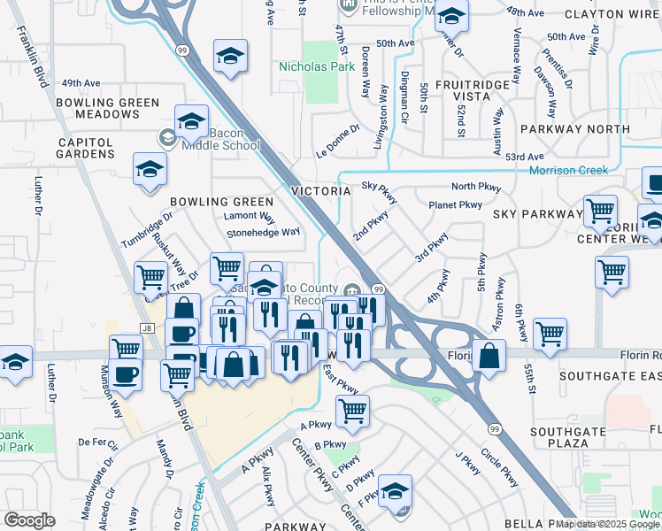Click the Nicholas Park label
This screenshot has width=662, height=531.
pos(310,66)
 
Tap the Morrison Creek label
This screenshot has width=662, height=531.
pos(568,170)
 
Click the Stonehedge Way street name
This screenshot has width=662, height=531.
pos(264,233)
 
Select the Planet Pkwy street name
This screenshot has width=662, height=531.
pos(455,204)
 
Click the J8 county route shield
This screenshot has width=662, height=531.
pos(147,328)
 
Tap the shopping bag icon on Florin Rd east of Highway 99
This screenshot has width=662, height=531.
pos(489,356)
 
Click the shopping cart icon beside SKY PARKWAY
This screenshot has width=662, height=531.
pos(600,212)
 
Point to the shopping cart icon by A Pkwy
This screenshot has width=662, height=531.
pos(352,410)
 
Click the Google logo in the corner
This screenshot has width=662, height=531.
pos(30,520)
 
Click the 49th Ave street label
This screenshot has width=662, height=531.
pos(79,83)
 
